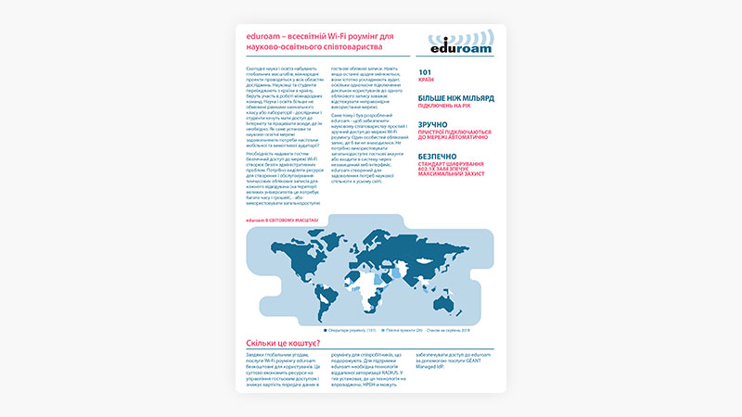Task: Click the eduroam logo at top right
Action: (461, 43)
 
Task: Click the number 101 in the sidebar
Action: (425, 71)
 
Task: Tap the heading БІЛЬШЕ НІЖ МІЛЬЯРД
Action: (455, 97)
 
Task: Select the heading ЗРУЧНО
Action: (433, 124)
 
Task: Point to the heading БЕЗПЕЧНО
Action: (440, 157)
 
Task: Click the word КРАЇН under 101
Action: (427, 80)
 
